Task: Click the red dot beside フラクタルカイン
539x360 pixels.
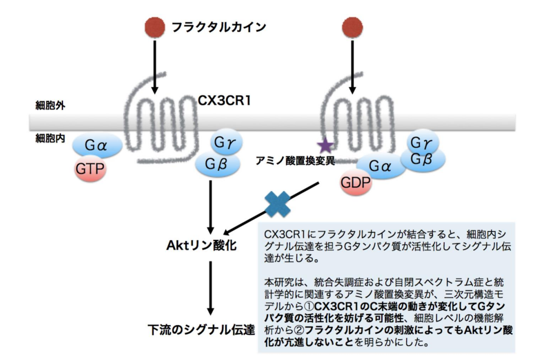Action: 154,27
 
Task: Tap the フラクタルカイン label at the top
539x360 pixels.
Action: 219,27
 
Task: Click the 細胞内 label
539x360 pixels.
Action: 46,138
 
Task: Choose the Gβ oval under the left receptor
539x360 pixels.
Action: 218,164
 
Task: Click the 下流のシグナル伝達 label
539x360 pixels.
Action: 201,329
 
